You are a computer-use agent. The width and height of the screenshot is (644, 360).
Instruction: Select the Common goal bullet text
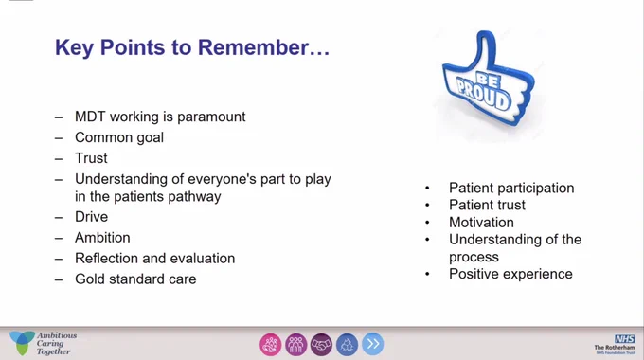coord(119,137)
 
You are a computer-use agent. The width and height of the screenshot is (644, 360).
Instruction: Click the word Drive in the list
coord(91,217)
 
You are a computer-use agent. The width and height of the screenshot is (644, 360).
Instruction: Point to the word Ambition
coord(102,238)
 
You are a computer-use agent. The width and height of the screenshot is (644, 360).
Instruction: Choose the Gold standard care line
coord(135,279)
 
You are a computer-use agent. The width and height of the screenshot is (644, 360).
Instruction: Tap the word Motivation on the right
coord(481,223)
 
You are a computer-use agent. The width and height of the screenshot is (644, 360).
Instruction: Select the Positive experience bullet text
coord(510,274)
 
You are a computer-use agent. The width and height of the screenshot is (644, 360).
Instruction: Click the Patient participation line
coord(511,189)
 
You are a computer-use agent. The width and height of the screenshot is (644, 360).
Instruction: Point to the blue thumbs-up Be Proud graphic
coord(489,78)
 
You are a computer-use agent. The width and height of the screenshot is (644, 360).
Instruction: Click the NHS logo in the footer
coord(624,338)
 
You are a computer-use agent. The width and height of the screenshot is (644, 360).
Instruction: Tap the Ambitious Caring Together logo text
coord(56,344)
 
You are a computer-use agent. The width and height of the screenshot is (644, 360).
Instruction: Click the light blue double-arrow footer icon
coord(373,344)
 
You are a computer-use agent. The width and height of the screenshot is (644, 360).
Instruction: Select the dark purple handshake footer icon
coord(321,345)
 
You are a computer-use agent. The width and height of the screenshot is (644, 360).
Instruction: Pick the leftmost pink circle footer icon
coord(271,345)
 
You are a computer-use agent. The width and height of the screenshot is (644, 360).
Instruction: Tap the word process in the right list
coord(474,258)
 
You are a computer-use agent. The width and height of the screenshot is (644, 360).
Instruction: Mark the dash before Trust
coord(59,159)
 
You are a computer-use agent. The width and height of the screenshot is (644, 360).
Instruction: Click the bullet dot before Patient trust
coord(427,205)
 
